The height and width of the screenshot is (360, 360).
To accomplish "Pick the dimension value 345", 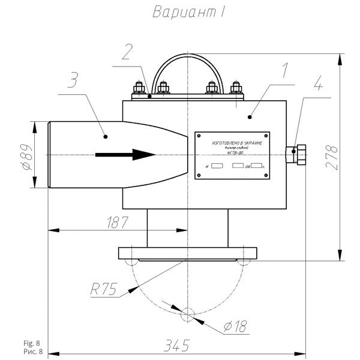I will pos(177,346).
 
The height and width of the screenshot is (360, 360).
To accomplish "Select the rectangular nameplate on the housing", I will pos(233,155).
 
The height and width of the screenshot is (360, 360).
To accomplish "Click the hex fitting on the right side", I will pos(297,154).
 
